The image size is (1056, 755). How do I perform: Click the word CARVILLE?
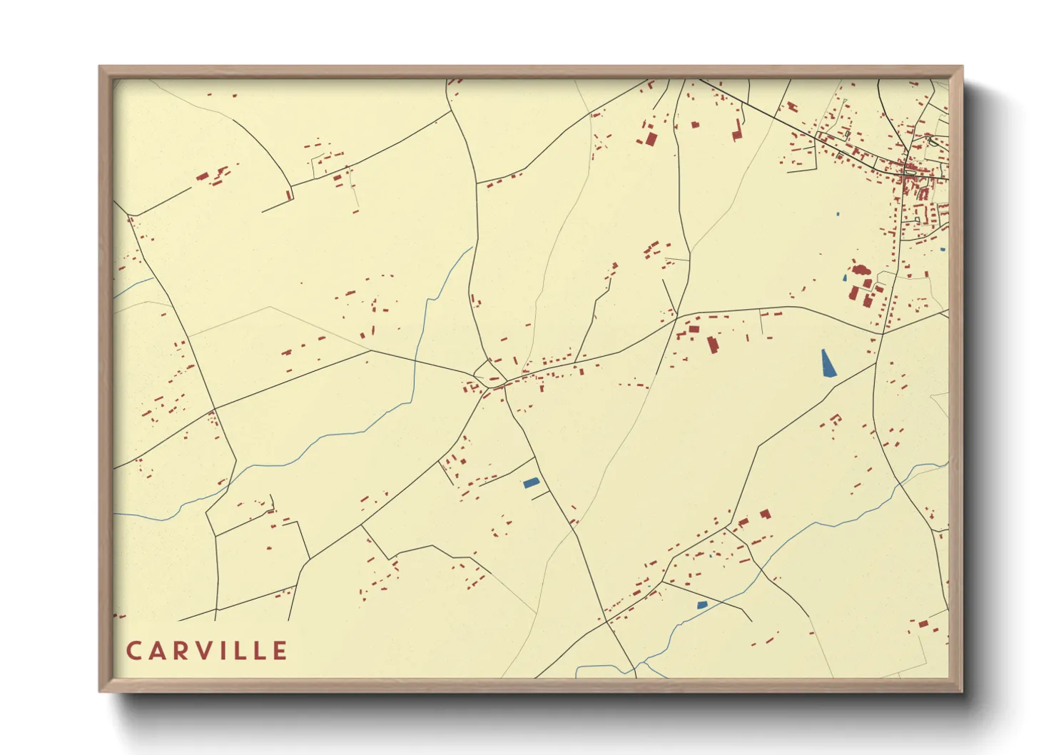(207, 651)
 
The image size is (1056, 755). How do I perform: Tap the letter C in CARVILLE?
(133, 651)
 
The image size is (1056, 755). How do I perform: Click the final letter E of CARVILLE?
(280, 651)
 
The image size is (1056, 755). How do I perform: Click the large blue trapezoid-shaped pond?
(828, 363)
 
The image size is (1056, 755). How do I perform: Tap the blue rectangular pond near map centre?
(531, 483)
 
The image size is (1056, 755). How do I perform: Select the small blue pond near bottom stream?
(701, 604)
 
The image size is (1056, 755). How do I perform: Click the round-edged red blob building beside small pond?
(860, 270)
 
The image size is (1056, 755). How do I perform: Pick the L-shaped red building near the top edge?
(737, 131)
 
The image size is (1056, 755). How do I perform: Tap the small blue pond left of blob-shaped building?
(846, 278)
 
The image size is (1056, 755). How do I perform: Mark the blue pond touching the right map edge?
(943, 249)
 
